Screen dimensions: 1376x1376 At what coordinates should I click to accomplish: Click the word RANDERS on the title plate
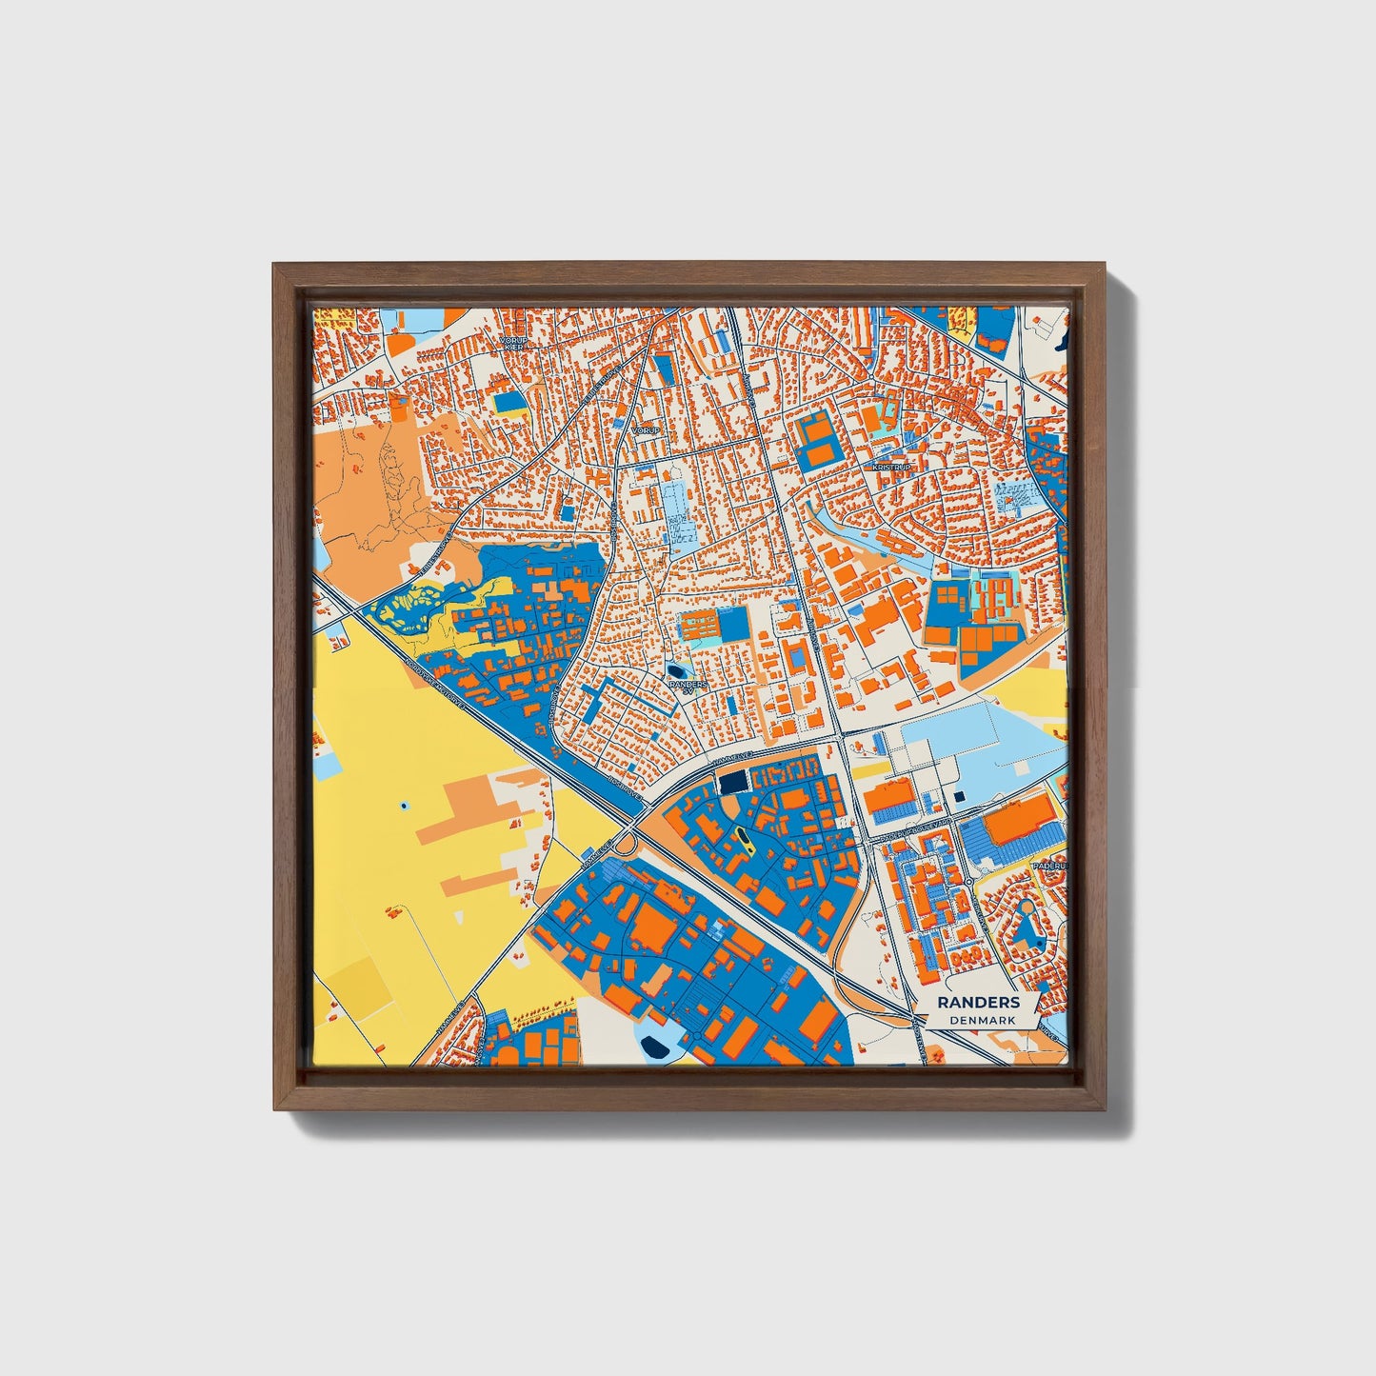978,1002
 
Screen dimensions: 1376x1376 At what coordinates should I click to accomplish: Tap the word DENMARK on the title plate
982,1020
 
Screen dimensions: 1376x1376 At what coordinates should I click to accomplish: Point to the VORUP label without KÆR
646,430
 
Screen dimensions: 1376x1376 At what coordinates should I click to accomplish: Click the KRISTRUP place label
890,468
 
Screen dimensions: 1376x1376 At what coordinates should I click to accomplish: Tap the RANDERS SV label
688,687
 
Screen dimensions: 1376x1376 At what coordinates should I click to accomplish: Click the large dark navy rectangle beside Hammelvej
732,783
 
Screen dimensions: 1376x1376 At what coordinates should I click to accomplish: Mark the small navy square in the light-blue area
958,796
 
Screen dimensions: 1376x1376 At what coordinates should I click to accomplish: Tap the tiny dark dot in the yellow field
404,806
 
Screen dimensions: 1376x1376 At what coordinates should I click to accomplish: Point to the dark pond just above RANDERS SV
676,670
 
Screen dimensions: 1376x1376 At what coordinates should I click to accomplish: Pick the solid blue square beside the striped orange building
734,625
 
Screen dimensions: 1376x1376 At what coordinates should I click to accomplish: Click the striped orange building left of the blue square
698,627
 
